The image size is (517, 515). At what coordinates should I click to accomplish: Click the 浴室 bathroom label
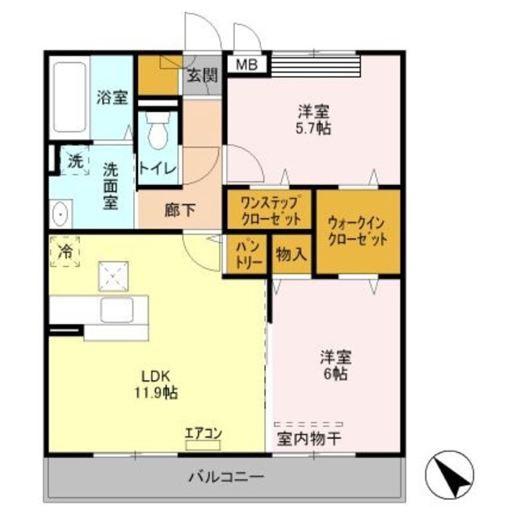112,98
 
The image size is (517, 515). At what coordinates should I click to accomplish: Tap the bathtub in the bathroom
70,98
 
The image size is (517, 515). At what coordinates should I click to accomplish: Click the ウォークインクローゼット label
357,230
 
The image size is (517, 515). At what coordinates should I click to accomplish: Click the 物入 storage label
291,255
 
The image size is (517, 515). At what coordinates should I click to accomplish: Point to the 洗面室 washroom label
110,185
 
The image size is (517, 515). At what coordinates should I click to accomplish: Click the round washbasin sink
60,213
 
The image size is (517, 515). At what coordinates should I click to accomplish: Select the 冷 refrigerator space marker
65,252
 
